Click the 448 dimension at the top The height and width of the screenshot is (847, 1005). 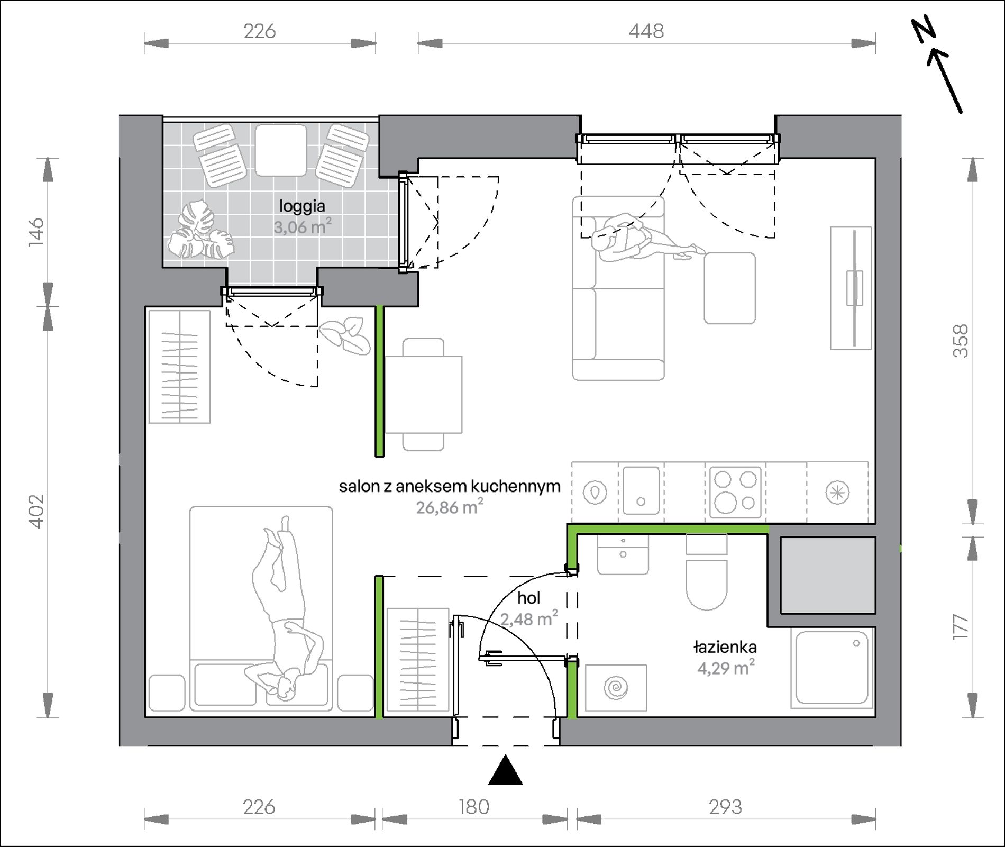point(646,31)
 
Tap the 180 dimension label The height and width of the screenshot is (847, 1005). point(474,807)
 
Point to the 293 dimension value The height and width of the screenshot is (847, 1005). point(725,807)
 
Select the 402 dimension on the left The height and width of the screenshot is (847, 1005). point(36,511)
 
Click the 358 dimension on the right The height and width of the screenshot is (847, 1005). point(961,341)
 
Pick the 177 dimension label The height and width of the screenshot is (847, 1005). point(961,627)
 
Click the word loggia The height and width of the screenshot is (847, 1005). point(302,206)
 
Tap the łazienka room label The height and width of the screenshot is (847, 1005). point(725,646)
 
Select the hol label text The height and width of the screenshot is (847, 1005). point(529,598)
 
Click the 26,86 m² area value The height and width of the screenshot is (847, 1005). point(450,507)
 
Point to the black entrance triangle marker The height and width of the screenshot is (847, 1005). point(506,770)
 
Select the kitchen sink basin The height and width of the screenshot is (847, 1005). point(641,490)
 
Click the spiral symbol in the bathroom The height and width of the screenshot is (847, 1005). point(616,688)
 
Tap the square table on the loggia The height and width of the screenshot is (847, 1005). point(281,150)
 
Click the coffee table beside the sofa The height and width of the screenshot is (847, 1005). point(729,288)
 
